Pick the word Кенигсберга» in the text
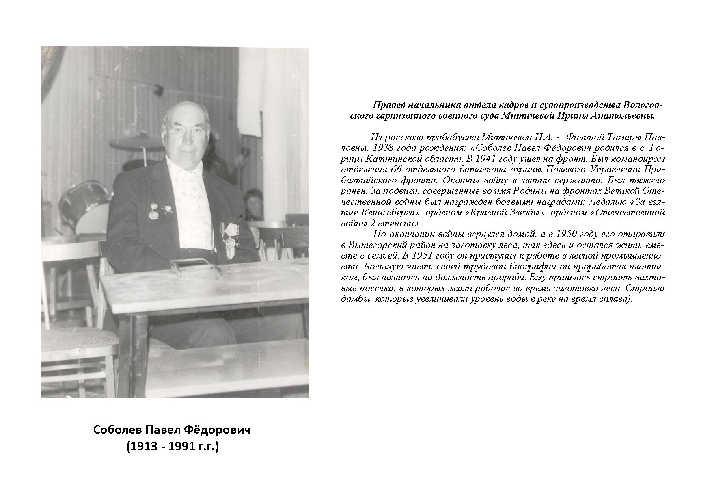[x=390, y=213]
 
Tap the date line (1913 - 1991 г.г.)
[x=173, y=447]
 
